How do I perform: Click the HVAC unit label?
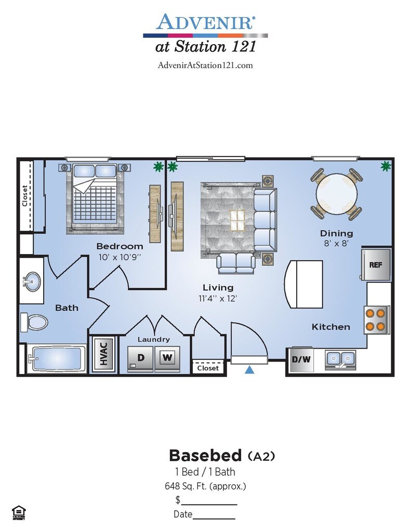(104, 354)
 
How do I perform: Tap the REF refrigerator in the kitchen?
(375, 264)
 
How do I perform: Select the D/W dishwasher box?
(301, 359)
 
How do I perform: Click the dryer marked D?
(141, 358)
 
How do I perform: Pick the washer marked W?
(166, 358)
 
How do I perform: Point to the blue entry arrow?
(249, 370)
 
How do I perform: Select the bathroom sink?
(32, 283)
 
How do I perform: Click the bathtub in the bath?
(57, 358)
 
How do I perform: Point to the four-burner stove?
(377, 320)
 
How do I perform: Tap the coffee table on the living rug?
(237, 221)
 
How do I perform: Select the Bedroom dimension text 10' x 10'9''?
(120, 256)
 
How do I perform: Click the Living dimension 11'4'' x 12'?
(218, 298)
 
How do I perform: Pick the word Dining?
(336, 233)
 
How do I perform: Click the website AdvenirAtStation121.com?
(205, 65)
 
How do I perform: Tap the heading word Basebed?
(205, 456)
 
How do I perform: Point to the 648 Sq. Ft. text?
(205, 486)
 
